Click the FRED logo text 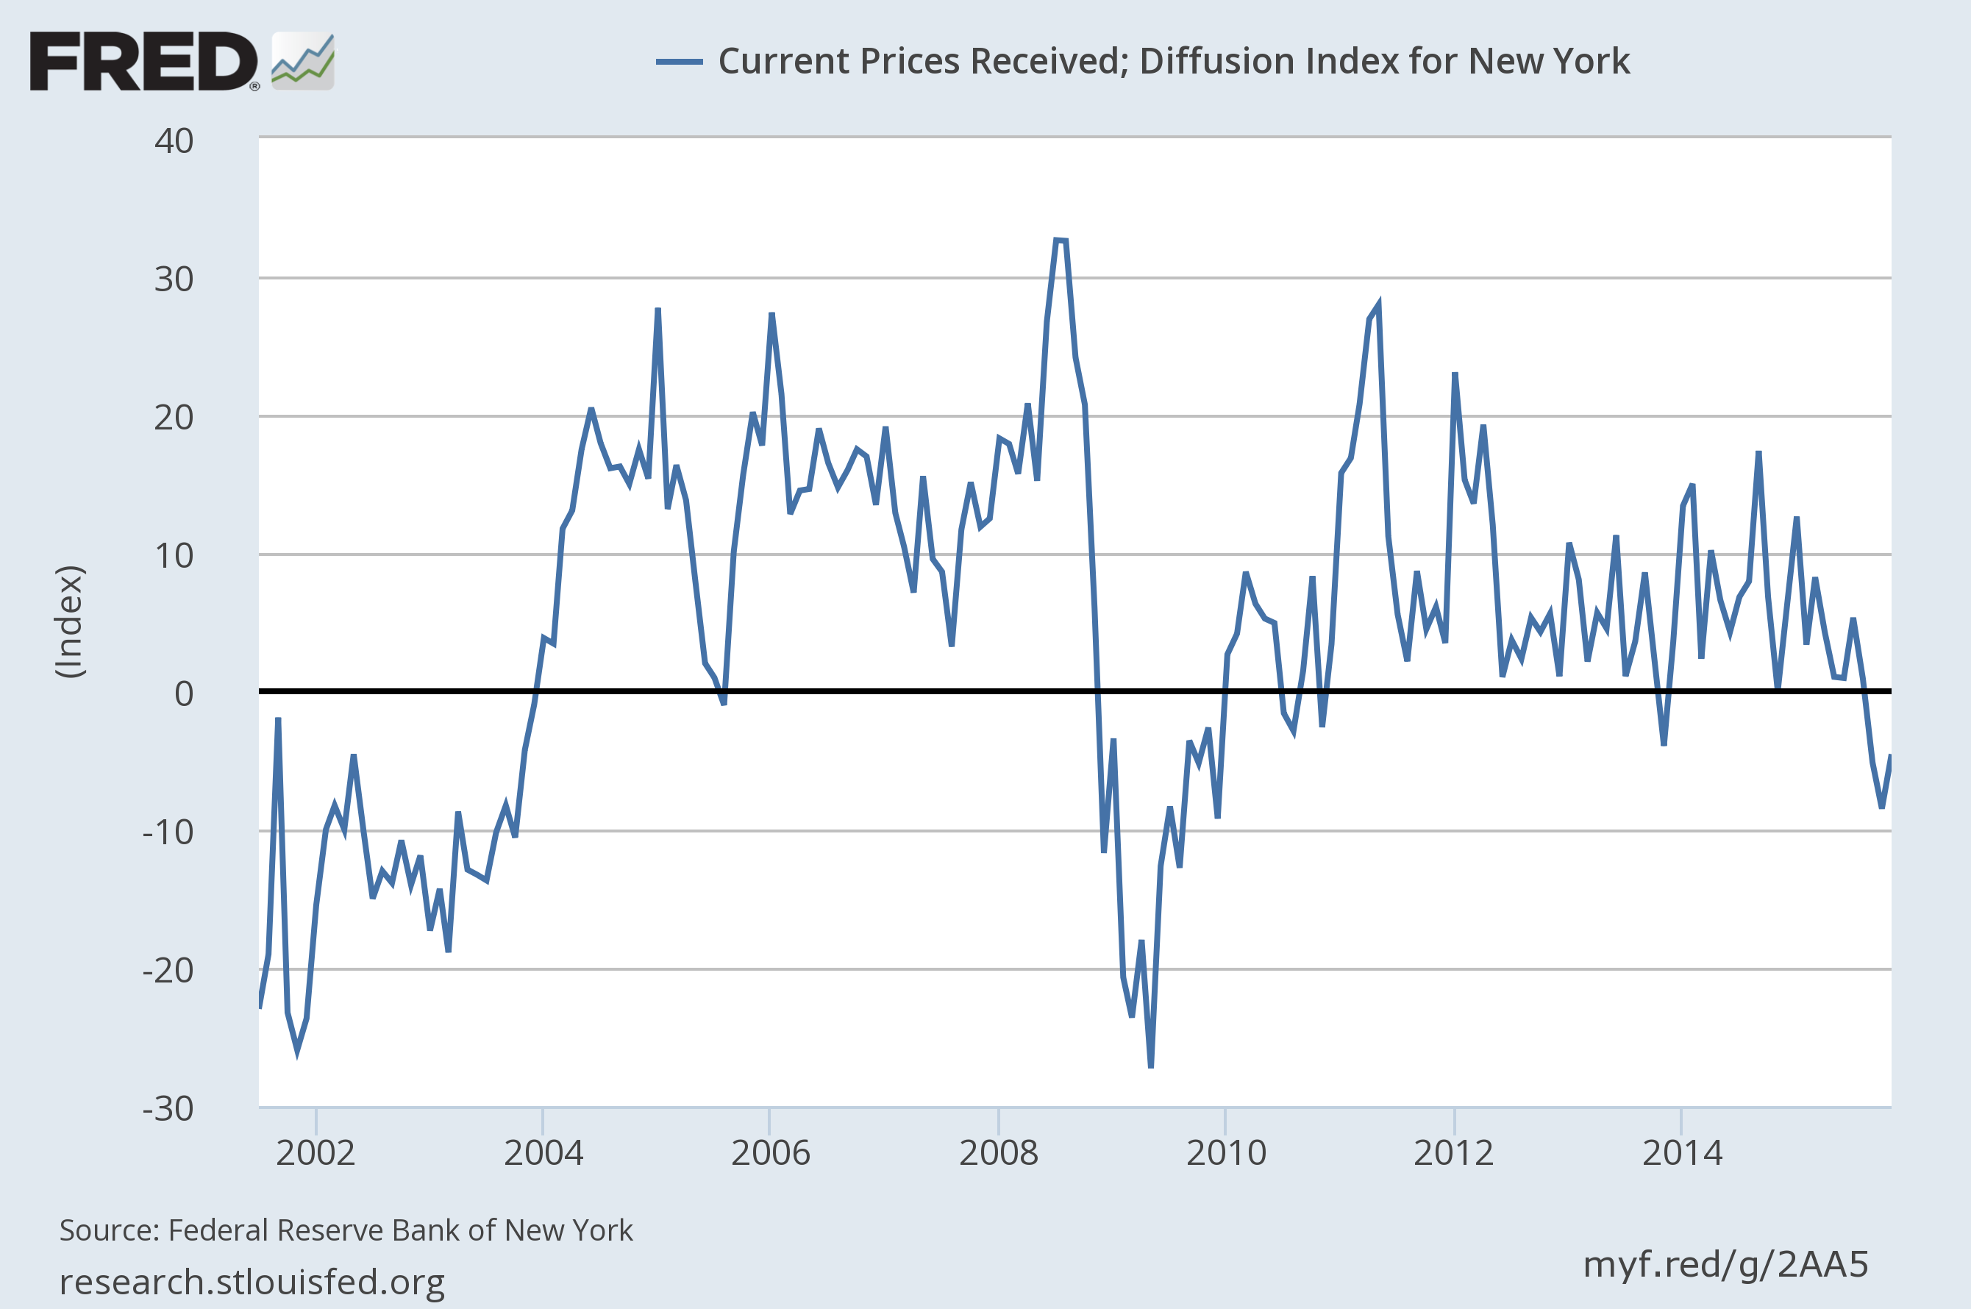point(143,61)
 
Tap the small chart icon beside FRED point(303,61)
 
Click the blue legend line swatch point(679,61)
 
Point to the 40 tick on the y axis point(174,141)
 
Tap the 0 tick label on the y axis point(184,693)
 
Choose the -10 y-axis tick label point(168,832)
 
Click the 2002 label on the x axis point(316,1154)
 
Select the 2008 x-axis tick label point(999,1154)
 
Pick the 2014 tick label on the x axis point(1682,1154)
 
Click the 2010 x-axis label point(1225,1154)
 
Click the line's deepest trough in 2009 point(1151,1067)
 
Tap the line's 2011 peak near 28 point(1378,305)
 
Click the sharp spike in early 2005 point(657,310)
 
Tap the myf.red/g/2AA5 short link point(1725,1265)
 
